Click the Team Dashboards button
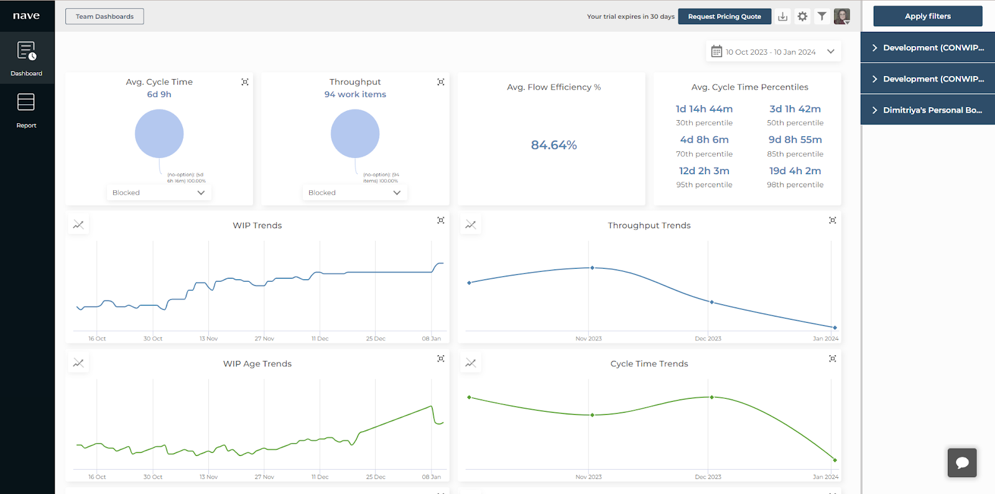tap(104, 16)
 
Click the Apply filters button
tap(927, 16)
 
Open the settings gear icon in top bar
tap(802, 17)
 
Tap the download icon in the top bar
tap(783, 17)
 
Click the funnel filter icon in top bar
tap(821, 17)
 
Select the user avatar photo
tap(841, 17)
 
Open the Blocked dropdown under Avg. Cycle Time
tap(159, 193)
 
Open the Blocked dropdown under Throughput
tap(354, 193)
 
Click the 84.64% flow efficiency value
tap(553, 145)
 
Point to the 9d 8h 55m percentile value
tap(795, 140)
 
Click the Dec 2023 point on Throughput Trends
tap(712, 302)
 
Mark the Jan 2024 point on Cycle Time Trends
tap(835, 460)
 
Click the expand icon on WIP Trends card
tap(441, 220)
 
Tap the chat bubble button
tap(962, 462)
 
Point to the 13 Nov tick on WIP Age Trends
tap(208, 477)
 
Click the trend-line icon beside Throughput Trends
tap(471, 225)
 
